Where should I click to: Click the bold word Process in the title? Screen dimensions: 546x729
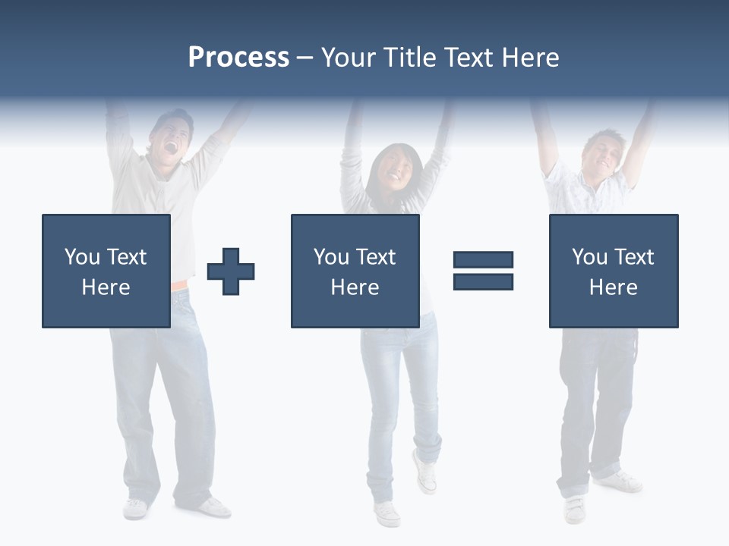click(238, 58)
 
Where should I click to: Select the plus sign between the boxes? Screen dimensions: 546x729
click(231, 271)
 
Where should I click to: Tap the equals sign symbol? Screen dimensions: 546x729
click(483, 271)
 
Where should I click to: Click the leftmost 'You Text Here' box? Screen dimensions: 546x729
click(106, 271)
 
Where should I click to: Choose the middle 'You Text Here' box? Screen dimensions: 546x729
click(355, 271)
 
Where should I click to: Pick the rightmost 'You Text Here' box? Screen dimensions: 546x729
click(613, 271)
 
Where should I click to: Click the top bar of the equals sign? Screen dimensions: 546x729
click(483, 260)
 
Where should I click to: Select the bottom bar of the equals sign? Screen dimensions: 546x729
click(483, 281)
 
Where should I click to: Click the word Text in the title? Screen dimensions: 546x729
click(469, 58)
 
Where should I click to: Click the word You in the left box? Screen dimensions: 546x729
click(81, 257)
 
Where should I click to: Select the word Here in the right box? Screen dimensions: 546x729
click(613, 287)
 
